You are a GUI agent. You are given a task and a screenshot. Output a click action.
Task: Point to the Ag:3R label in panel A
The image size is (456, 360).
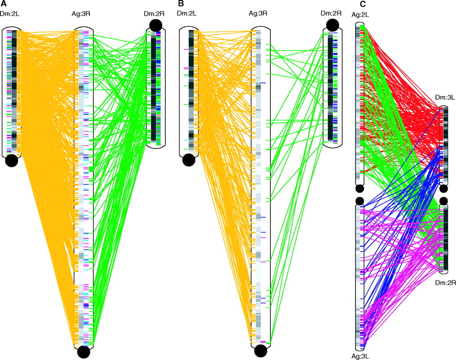pos(81,14)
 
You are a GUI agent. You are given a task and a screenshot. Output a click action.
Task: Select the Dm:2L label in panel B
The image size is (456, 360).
pos(187,13)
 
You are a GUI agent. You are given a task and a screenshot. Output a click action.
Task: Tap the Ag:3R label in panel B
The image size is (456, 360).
pos(258,13)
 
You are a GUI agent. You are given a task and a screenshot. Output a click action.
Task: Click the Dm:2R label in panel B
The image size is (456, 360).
pos(331,13)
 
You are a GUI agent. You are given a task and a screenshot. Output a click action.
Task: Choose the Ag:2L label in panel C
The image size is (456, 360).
pos(360,15)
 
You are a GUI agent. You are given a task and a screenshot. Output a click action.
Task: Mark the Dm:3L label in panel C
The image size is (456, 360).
pos(445,97)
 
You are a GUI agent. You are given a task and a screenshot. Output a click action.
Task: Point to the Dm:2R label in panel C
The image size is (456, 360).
pos(445,282)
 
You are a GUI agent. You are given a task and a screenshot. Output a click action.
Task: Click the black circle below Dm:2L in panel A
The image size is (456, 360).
pos(12,160)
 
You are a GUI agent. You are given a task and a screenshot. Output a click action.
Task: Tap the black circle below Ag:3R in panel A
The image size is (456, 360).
pos(83,352)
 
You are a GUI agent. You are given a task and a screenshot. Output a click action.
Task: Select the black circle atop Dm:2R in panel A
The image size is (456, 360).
pos(155,25)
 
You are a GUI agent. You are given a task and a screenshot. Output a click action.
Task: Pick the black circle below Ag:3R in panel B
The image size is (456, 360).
pos(261,351)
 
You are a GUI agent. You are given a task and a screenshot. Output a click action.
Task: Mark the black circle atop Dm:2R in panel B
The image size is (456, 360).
pos(333,25)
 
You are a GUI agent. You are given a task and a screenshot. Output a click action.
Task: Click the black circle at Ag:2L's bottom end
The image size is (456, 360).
pos(360,189)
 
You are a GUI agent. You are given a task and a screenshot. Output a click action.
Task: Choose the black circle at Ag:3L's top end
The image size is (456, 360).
pos(360,201)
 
